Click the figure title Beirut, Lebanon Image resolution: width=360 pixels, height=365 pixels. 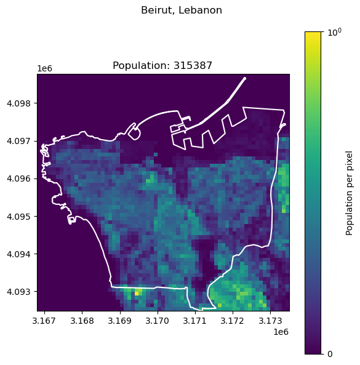coord(181,10)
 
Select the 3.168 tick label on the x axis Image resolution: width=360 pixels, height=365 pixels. coord(82,321)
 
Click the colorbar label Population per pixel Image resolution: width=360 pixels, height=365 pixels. coord(350,193)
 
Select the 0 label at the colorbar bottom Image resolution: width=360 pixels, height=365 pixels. coord(330,354)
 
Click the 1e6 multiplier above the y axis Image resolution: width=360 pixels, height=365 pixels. coord(44,67)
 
